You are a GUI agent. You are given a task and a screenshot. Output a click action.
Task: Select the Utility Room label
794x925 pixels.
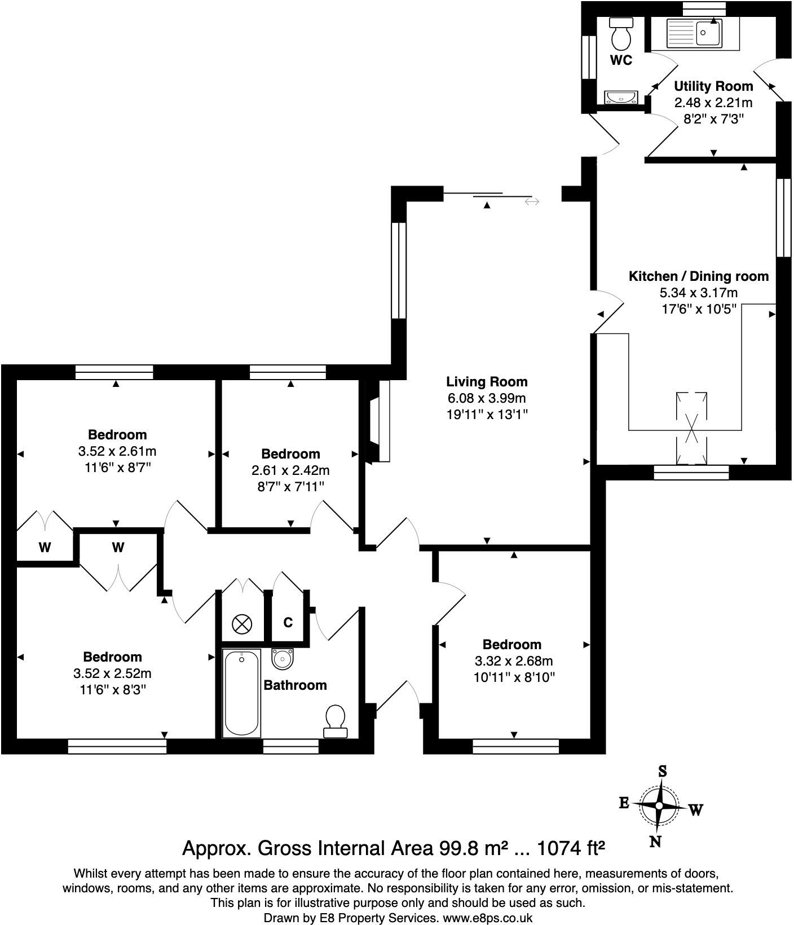[713, 86]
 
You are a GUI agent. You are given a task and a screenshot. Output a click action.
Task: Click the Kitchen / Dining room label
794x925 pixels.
[698, 276]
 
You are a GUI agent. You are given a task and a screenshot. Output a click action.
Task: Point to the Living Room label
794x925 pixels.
[487, 382]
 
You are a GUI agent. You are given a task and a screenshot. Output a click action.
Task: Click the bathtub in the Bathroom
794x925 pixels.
[242, 693]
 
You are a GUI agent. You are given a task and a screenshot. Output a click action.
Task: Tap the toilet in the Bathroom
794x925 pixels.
[336, 721]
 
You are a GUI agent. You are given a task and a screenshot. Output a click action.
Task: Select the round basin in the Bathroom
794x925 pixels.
[282, 658]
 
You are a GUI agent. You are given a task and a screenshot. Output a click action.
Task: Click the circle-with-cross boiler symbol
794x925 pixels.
[242, 624]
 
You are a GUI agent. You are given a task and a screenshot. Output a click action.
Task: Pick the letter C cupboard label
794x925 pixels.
[288, 623]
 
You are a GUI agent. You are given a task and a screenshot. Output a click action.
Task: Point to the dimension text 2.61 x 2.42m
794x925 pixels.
[290, 470]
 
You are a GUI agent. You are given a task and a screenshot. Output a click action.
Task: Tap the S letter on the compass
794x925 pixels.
[663, 772]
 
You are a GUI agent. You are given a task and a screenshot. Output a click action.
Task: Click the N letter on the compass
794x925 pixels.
[655, 842]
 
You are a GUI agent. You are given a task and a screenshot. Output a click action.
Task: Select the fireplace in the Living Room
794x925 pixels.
[378, 422]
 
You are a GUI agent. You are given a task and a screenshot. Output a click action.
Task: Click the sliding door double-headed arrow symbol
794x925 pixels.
[531, 201]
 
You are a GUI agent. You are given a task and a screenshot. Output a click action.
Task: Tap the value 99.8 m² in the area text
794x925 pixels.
[474, 848]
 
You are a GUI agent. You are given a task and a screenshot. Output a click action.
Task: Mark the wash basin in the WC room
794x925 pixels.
[621, 97]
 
